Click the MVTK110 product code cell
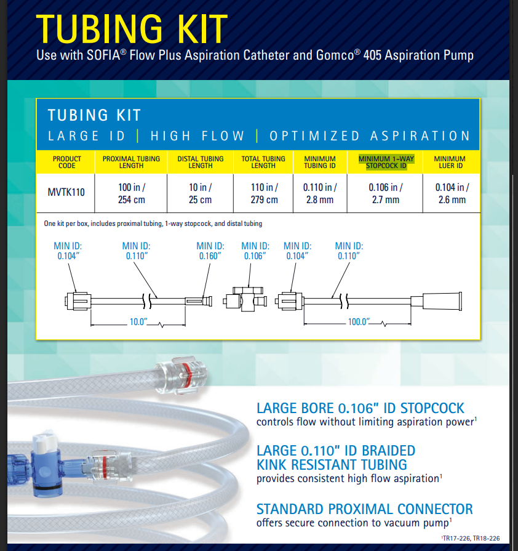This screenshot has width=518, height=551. (66, 192)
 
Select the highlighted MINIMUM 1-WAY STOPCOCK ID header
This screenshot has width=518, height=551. (386, 162)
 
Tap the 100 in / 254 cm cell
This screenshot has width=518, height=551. (130, 193)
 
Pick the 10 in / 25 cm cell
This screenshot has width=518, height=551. (201, 193)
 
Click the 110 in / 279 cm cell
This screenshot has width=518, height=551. (263, 193)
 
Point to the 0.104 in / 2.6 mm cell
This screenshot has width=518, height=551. (452, 193)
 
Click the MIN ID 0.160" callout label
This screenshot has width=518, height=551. (210, 251)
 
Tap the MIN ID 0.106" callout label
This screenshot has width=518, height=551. (255, 251)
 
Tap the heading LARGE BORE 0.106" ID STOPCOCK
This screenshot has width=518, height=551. (360, 408)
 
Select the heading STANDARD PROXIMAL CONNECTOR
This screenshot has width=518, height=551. (364, 509)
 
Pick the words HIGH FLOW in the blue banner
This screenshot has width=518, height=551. (197, 136)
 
